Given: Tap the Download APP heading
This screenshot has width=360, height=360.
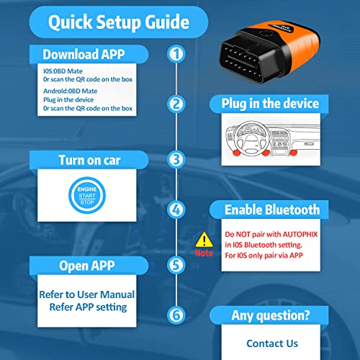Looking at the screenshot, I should coord(78,54).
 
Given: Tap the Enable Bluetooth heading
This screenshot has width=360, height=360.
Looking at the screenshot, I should coord(271,210).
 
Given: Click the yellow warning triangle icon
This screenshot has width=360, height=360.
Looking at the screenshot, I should coord(205,240).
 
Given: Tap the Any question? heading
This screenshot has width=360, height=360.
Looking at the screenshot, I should coord(271,315).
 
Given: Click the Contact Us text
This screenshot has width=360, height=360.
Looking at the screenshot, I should coord(271,343).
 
